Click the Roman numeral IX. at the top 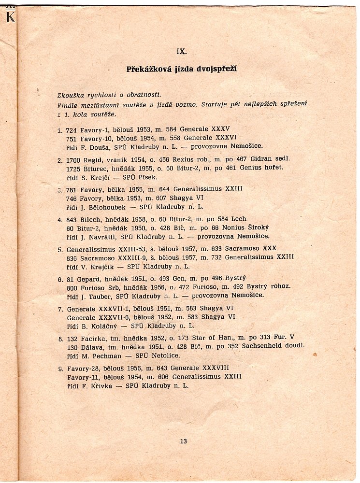181,51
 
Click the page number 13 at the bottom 183,440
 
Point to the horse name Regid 92,158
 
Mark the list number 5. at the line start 60,250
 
